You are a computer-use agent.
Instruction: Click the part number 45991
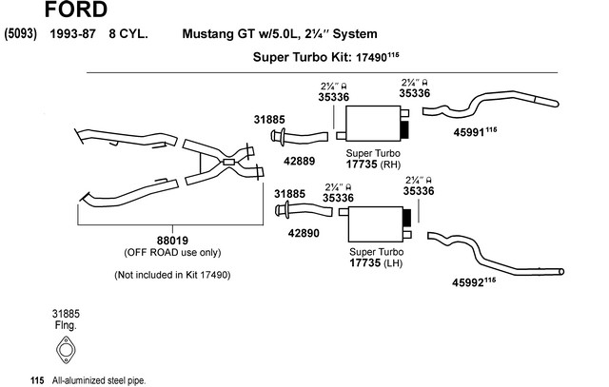pos(468,132)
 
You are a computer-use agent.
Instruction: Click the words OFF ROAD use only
pos(172,252)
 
